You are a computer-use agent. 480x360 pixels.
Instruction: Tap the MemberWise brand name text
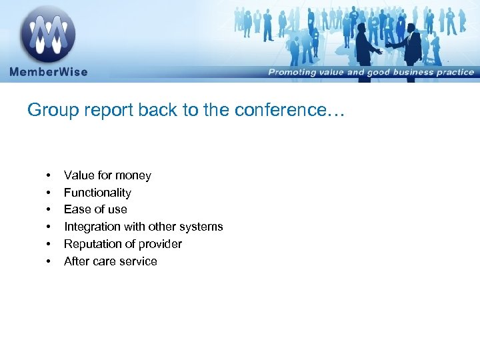pyautogui.click(x=48, y=72)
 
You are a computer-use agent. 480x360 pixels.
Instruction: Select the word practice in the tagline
pyautogui.click(x=453, y=72)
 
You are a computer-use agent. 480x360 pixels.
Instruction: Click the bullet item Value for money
pyautogui.click(x=107, y=175)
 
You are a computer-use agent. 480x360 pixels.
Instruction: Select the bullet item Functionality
pyautogui.click(x=97, y=193)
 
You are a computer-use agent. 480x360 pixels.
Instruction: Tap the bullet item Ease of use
pyautogui.click(x=95, y=209)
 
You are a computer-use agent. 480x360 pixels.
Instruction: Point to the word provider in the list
pyautogui.click(x=161, y=244)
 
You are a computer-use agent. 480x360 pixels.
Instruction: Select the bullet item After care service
pyautogui.click(x=110, y=261)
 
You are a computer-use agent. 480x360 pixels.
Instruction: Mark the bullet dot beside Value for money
pyautogui.click(x=49, y=175)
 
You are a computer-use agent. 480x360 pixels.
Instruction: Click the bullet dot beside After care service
pyautogui.click(x=49, y=261)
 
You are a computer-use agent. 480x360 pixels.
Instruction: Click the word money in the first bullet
pyautogui.click(x=133, y=175)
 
